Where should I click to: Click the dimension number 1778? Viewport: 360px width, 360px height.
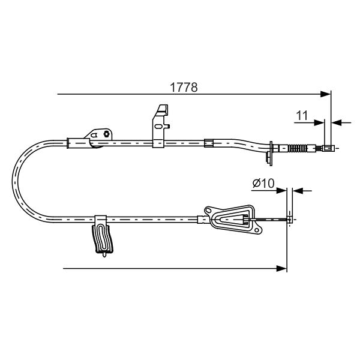click(x=184, y=88)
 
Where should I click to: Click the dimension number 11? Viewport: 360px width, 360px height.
click(x=302, y=115)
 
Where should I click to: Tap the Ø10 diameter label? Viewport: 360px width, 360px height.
click(x=263, y=184)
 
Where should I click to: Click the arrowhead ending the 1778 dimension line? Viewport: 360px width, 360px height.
click(x=326, y=94)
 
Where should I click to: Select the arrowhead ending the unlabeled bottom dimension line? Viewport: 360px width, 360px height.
click(x=282, y=268)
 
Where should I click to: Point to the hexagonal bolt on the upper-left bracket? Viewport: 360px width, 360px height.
click(x=106, y=134)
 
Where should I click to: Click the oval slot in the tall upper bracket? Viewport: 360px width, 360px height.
click(x=158, y=127)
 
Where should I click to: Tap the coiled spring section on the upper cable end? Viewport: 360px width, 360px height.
click(x=298, y=148)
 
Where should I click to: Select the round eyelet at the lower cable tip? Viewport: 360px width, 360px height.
click(x=290, y=220)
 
